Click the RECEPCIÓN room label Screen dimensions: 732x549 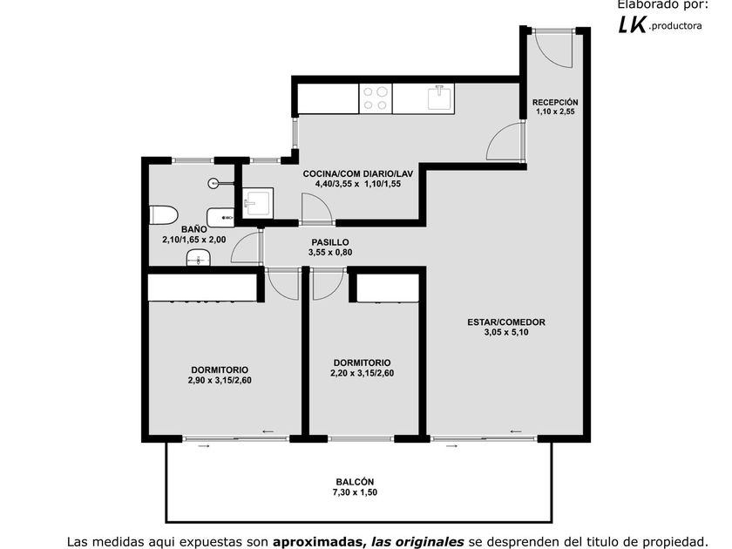[x=555, y=102]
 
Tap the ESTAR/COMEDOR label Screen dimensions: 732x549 [x=506, y=322]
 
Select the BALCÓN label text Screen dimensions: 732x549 [x=355, y=482]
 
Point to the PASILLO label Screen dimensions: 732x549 [x=330, y=242]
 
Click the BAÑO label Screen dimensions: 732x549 [x=193, y=229]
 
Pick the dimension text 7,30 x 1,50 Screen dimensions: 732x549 [x=355, y=492]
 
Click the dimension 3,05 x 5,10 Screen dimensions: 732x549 [x=506, y=332]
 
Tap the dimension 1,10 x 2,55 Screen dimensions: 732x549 [x=555, y=112]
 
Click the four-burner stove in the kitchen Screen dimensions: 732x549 [x=376, y=98]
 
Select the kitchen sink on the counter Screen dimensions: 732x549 [x=439, y=97]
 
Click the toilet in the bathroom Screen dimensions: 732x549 [x=164, y=214]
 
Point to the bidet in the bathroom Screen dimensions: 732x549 [x=220, y=217]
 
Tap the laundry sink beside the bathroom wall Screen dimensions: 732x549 [x=258, y=203]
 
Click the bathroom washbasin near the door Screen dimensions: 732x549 [x=199, y=258]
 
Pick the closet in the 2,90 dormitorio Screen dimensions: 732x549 [x=202, y=287]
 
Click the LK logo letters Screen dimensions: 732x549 [x=633, y=24]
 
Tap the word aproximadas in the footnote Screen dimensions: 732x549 [x=318, y=542]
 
